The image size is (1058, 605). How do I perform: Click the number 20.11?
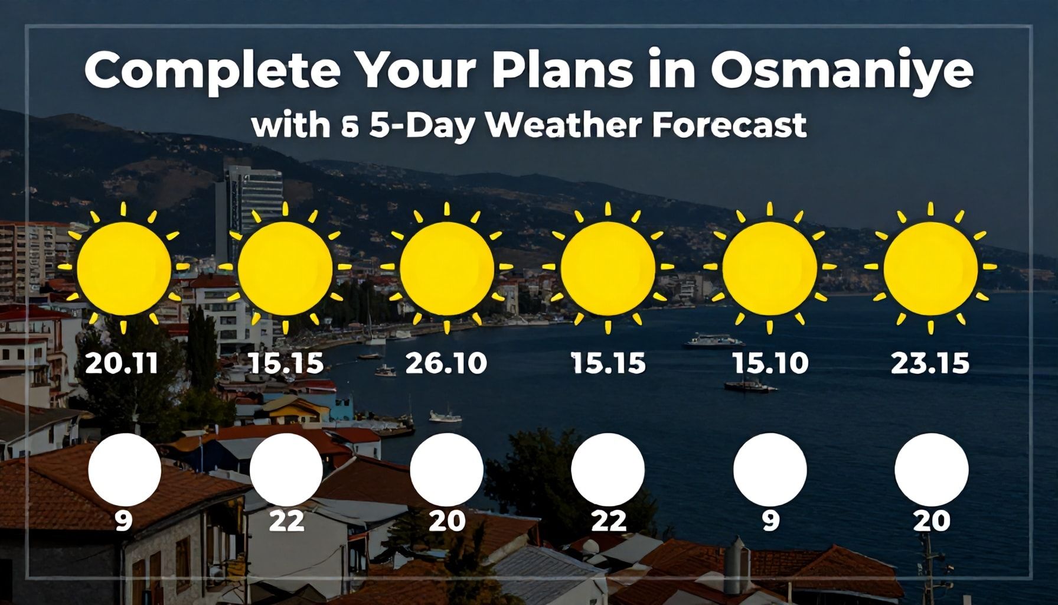[x=122, y=363]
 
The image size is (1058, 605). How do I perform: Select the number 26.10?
[x=446, y=363]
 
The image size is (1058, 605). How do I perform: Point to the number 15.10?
[x=770, y=363]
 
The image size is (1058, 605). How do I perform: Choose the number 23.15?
[x=930, y=363]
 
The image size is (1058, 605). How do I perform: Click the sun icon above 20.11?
[x=123, y=268]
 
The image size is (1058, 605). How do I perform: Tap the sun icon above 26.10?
[x=447, y=268]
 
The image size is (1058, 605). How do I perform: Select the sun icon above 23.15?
[x=930, y=268]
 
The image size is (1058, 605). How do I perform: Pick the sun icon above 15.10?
[x=769, y=268]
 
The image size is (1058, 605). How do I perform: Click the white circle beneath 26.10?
[x=446, y=470]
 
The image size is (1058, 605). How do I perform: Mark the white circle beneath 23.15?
[x=931, y=470]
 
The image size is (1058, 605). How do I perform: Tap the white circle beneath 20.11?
[x=124, y=470]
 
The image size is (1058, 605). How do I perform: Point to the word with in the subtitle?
[x=290, y=125]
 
